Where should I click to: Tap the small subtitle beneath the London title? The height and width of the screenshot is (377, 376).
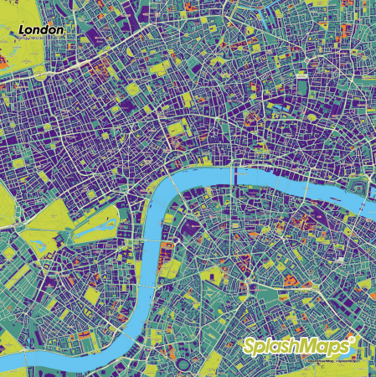point(33,38)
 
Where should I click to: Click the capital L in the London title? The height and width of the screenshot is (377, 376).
point(23,29)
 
